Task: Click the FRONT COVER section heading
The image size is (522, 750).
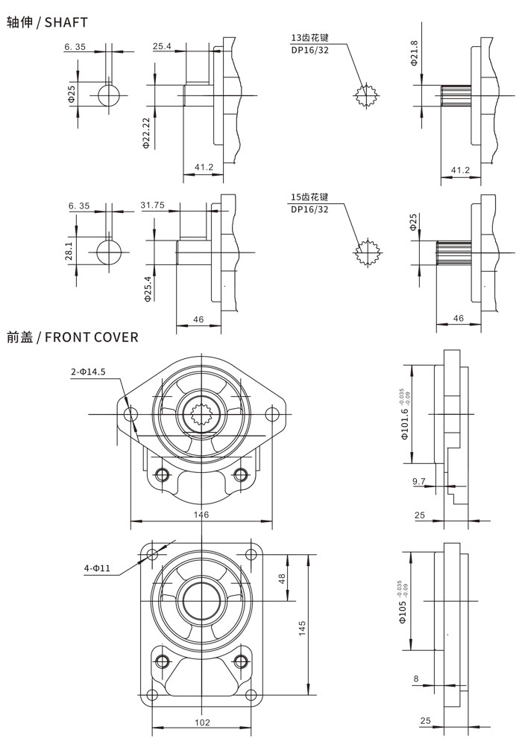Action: click(72, 337)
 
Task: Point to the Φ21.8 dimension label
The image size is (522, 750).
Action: click(415, 55)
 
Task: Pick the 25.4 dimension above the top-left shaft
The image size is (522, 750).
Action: click(162, 46)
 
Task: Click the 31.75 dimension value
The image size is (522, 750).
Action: click(152, 206)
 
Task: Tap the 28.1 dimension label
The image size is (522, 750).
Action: click(69, 252)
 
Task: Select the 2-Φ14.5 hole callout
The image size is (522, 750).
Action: click(89, 371)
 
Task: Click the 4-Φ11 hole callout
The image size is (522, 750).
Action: click(97, 568)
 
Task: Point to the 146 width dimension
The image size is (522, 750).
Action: click(201, 515)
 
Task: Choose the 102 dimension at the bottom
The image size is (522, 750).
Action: click(201, 722)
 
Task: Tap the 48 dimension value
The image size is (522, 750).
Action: click(283, 577)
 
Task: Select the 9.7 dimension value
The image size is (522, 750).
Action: click(418, 482)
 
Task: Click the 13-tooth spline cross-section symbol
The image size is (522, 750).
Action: click(366, 95)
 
